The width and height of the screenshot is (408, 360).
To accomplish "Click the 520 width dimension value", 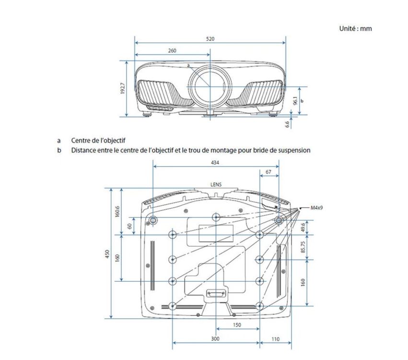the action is tap(210, 39).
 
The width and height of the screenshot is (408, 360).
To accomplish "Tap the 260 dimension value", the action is tap(172, 50).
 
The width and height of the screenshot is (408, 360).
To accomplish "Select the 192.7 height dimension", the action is tap(123, 88).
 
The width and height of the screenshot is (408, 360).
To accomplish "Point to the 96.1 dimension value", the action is tap(295, 100).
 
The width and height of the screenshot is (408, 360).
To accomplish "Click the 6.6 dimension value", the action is tap(288, 124).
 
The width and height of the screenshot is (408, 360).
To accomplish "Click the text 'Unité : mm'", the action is tap(355, 28).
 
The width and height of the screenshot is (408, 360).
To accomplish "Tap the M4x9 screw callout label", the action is tap(317, 208).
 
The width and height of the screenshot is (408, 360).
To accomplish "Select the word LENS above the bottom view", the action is tap(216, 184).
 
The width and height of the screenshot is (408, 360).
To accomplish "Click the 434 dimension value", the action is tap(215, 163).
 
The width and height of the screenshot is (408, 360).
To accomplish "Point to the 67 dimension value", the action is tap(268, 172).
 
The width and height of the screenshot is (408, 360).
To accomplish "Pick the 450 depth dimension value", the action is tap(107, 254).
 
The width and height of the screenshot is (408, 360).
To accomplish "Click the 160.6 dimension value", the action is tap(117, 211).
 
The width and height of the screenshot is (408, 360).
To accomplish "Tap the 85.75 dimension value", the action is tap(303, 247).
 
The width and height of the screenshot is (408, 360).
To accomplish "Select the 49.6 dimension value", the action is tap(303, 228).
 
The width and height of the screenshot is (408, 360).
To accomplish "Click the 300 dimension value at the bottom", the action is tap(215, 338).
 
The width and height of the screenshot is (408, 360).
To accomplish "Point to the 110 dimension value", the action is tap(275, 339).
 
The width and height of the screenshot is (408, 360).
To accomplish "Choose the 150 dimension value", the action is tap(237, 325).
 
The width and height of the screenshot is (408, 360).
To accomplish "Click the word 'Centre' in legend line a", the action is tap(80, 141).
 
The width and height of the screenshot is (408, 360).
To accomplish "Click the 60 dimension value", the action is tap(129, 226).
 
